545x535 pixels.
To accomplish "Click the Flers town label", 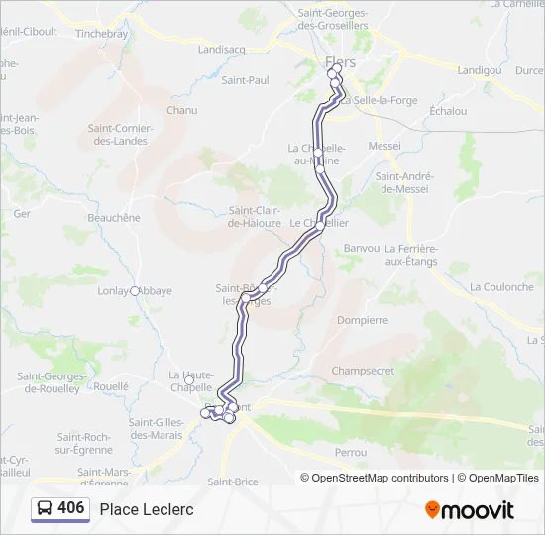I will click(340, 62).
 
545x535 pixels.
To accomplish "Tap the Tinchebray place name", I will click(102, 33).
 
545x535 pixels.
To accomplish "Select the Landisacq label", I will click(221, 48).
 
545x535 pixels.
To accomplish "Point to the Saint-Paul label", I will click(245, 80).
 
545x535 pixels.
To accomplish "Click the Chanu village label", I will click(182, 110).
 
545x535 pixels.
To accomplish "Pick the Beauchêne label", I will click(114, 217).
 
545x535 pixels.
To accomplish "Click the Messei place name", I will click(384, 146).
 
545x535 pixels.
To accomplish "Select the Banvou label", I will click(362, 248).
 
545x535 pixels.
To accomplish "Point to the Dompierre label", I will click(363, 320).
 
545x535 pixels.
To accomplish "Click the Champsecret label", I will click(363, 371).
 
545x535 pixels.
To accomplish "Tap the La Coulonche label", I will click(501, 287).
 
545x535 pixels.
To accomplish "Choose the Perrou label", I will click(351, 452).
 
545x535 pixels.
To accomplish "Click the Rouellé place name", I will click(111, 386).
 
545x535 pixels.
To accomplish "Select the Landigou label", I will click(480, 70).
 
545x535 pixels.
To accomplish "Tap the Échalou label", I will click(448, 111).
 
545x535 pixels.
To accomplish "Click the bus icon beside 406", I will click(45, 509).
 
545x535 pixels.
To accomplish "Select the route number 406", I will click(71, 508).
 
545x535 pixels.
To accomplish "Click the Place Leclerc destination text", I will click(147, 509).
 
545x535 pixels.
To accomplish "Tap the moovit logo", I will click(470, 510).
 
